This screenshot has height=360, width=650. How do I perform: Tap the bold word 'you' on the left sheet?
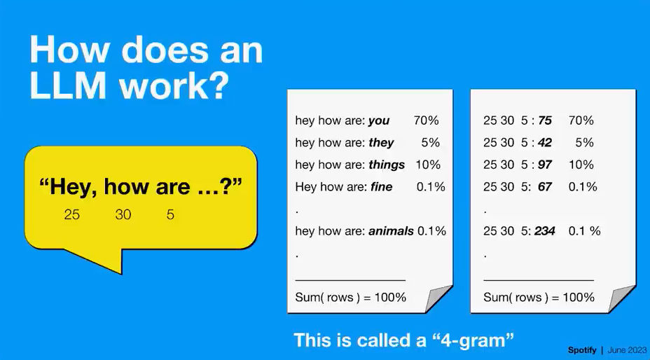379,120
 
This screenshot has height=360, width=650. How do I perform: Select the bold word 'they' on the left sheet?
381,143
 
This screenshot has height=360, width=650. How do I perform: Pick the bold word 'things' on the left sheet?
387,165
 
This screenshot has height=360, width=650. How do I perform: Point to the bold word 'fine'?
381,186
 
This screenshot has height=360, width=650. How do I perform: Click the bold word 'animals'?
391,230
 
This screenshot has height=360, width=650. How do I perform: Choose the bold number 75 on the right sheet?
545,120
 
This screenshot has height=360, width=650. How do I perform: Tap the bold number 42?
545,143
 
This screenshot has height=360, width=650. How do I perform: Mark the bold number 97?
545,165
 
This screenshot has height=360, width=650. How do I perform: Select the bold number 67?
545,186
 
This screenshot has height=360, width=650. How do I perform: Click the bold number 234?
545,230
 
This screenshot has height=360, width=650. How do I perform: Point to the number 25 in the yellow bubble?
71,214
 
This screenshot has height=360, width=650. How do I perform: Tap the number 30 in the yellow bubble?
123,214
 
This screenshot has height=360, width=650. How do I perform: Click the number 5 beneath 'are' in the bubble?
170,214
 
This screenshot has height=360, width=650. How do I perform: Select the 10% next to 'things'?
428,165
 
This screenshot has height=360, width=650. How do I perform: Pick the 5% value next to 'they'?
430,143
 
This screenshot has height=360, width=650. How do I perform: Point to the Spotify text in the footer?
582,350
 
